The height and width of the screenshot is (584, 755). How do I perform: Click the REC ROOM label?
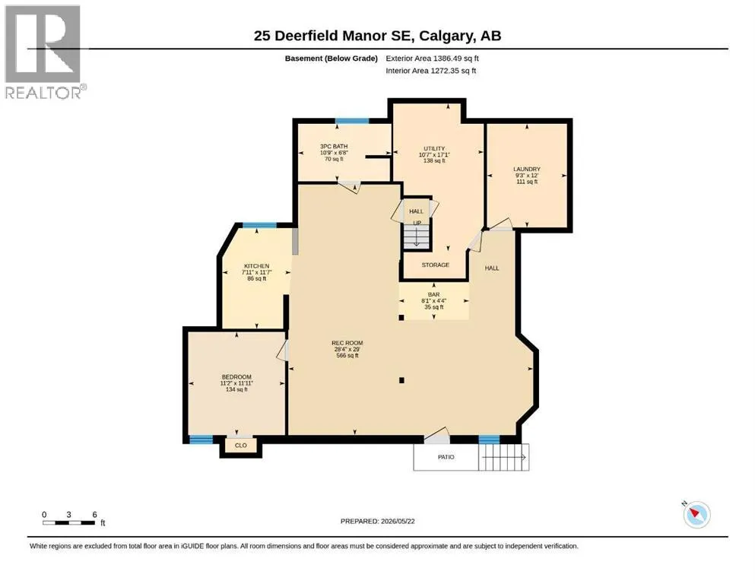(347, 343)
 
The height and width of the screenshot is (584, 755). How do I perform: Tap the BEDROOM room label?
(236, 377)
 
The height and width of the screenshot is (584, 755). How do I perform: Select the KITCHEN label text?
(257, 266)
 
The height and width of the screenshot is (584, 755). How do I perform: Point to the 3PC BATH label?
(334, 146)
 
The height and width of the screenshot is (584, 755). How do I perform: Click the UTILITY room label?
(434, 149)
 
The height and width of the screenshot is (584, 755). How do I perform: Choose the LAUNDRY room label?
(527, 170)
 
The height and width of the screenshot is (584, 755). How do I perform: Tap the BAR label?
(434, 294)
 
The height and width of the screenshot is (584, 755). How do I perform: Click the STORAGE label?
(435, 265)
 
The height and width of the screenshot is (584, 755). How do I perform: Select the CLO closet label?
(241, 446)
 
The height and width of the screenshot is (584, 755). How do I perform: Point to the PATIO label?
(446, 457)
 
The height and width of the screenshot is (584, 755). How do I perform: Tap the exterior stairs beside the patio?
(503, 457)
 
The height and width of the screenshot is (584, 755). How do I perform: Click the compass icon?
(696, 514)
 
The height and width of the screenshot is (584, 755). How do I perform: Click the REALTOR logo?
(44, 52)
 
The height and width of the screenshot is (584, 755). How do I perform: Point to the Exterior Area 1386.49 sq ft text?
(432, 59)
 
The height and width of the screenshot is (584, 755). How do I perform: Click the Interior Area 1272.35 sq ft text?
(431, 71)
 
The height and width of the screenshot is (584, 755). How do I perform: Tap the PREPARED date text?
(377, 521)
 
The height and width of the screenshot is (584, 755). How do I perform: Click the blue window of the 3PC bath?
(352, 121)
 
